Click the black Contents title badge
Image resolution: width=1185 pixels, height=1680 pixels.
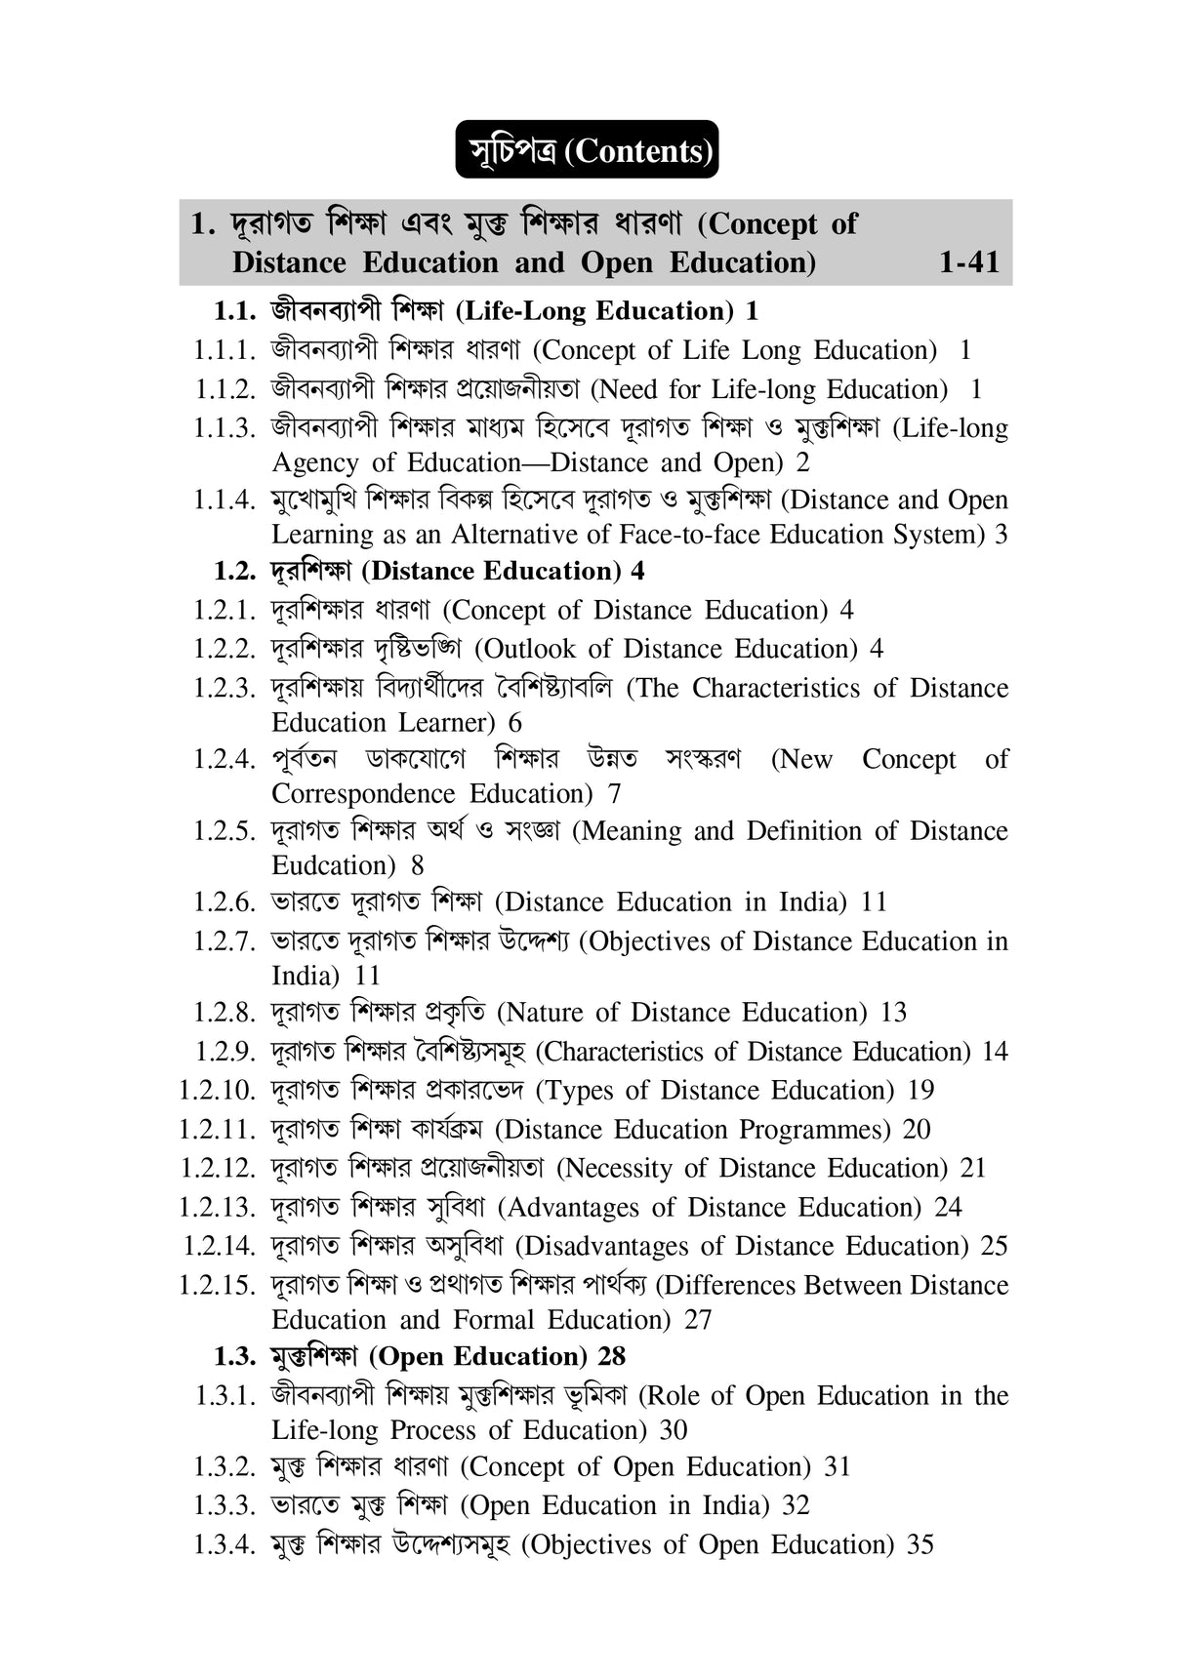tap(587, 150)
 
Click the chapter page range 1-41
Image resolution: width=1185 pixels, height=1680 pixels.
tap(968, 262)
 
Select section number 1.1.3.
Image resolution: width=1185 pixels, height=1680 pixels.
tap(225, 428)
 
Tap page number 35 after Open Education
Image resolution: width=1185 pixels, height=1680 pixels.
tap(920, 1544)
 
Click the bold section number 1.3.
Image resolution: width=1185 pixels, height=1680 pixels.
tap(233, 1356)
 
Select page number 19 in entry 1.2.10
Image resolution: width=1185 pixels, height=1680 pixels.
tap(920, 1090)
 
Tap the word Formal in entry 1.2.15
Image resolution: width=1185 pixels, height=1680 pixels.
tap(493, 1320)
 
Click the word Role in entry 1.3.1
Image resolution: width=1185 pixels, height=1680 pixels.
tap(674, 1396)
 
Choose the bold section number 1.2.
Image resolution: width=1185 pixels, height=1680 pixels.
tap(233, 571)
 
